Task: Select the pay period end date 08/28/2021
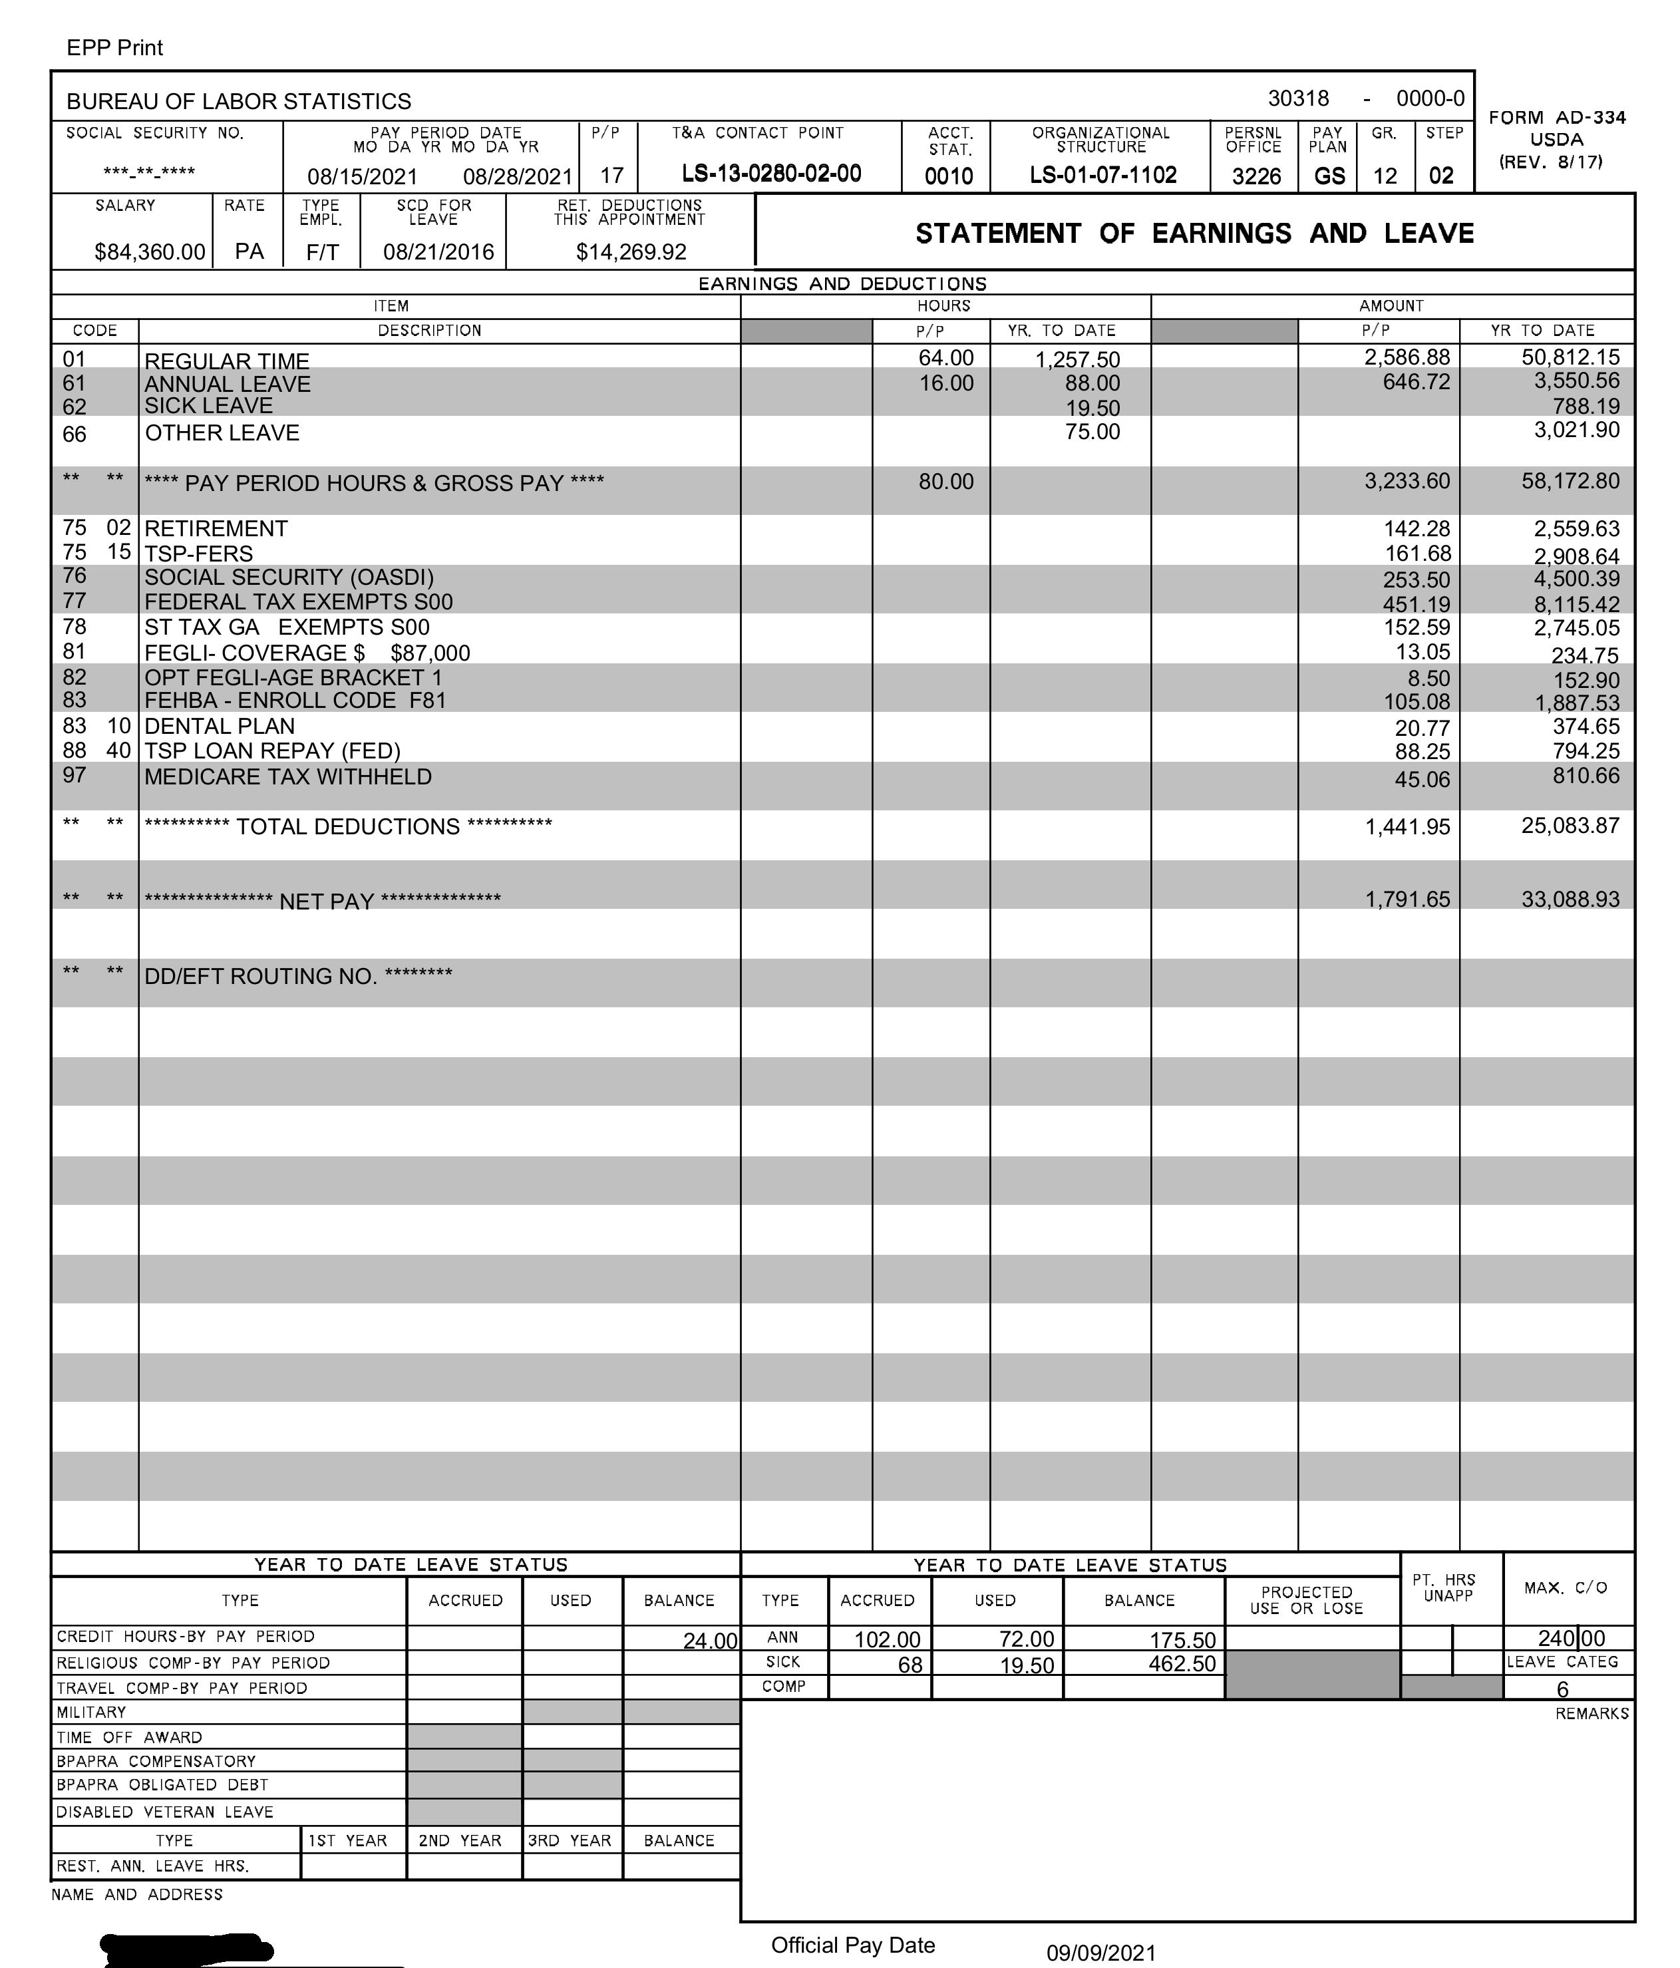pyautogui.click(x=518, y=177)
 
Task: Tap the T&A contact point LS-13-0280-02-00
pyautogui.click(x=771, y=174)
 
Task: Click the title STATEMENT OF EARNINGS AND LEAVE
pyautogui.click(x=1194, y=234)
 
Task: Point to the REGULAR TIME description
pyautogui.click(x=227, y=362)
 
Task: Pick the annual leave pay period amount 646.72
pyautogui.click(x=1416, y=383)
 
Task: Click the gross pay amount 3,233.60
pyautogui.click(x=1407, y=482)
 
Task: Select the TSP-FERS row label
pyautogui.click(x=198, y=554)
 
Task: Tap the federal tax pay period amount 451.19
pyautogui.click(x=1416, y=604)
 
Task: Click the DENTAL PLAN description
pyautogui.click(x=220, y=726)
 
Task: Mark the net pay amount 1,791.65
pyautogui.click(x=1407, y=900)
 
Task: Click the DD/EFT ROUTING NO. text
pyautogui.click(x=298, y=977)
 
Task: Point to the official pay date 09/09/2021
pyautogui.click(x=1100, y=1953)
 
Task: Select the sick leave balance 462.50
pyautogui.click(x=1182, y=1664)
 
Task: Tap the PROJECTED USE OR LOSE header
pyautogui.click(x=1306, y=1601)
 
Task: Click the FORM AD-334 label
pyautogui.click(x=1556, y=118)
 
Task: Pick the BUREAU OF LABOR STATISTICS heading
pyautogui.click(x=238, y=102)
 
